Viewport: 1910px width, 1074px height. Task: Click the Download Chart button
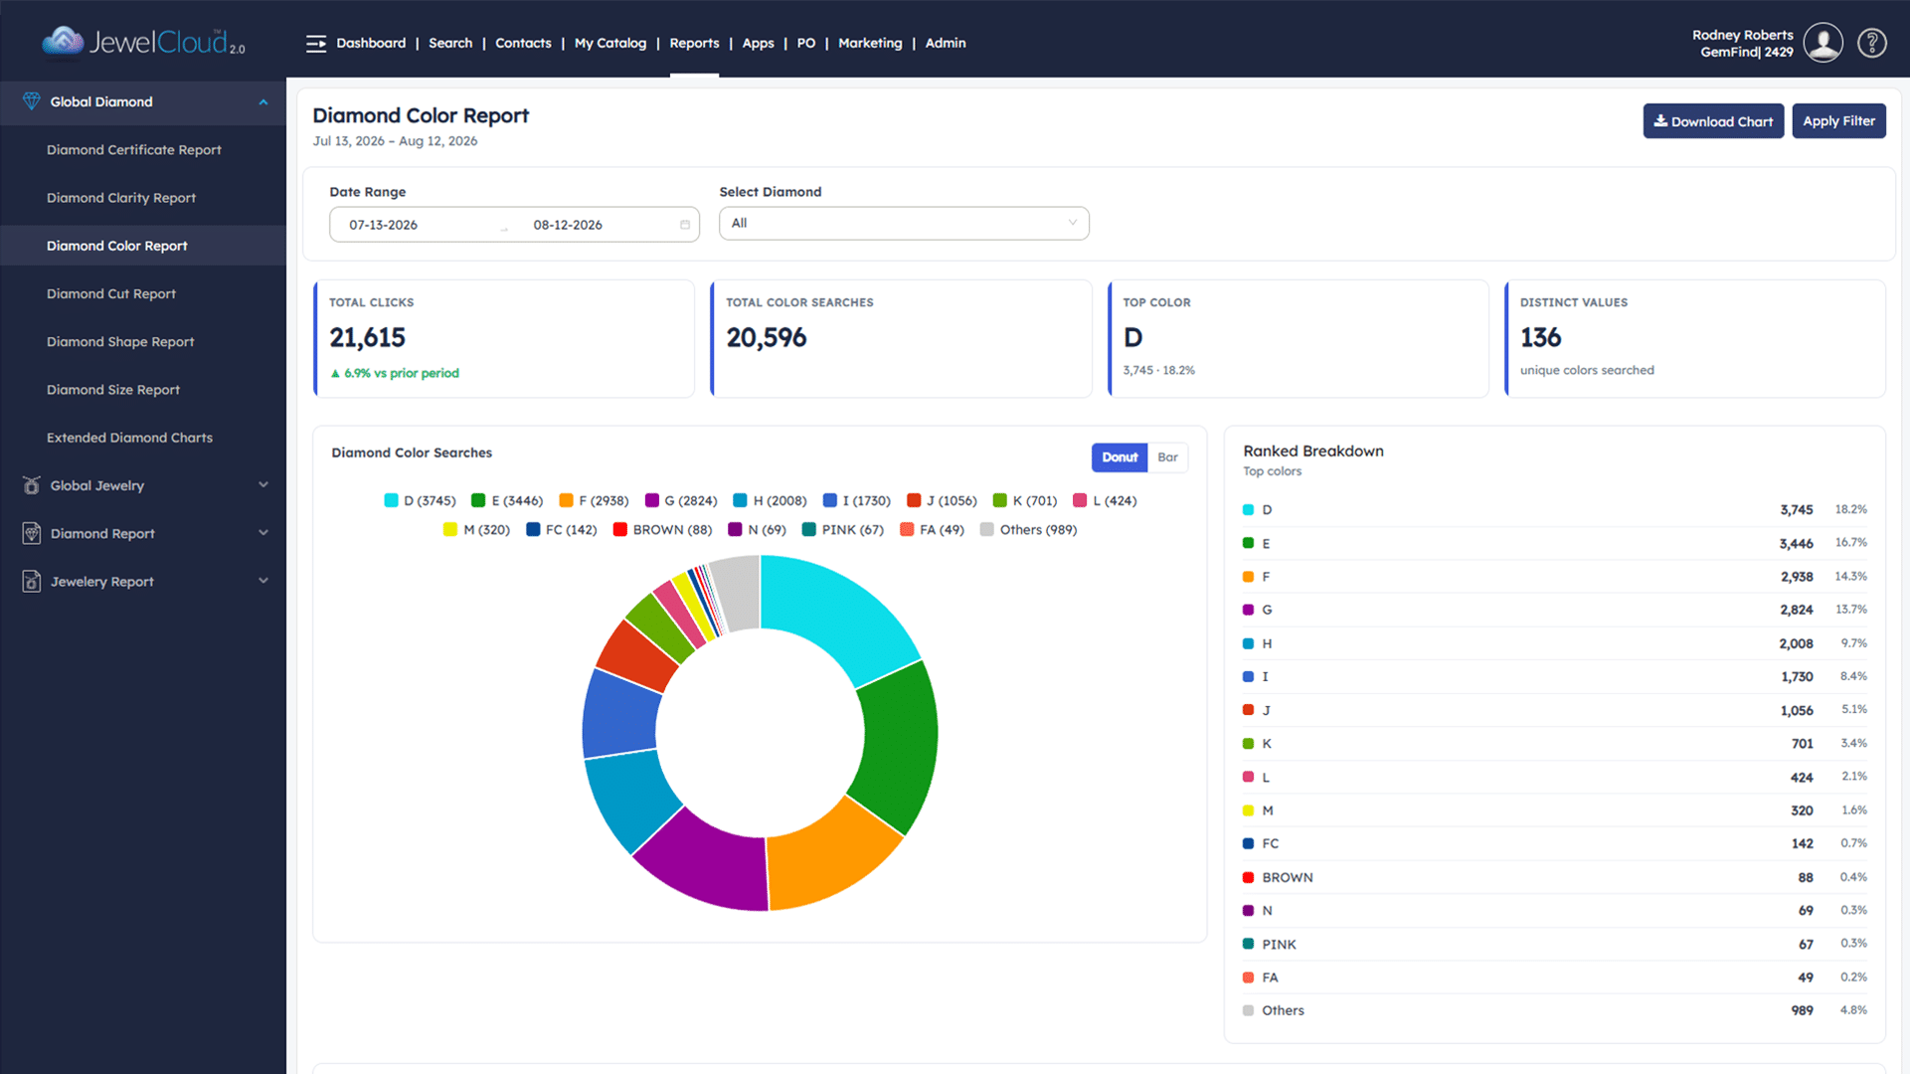coord(1713,121)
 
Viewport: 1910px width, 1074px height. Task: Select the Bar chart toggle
coord(1167,457)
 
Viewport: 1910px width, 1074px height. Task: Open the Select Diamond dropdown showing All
coord(904,224)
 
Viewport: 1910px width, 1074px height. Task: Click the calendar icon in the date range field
coord(685,225)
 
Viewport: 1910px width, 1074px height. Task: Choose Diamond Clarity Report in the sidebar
coord(121,198)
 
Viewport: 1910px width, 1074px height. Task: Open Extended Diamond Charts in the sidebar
coord(129,438)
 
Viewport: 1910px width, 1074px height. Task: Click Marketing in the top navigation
coord(870,43)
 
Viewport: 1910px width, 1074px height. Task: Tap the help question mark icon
coord(1872,43)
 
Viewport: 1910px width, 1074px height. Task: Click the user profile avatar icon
coord(1823,43)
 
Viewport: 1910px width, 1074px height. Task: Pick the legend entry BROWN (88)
coord(662,530)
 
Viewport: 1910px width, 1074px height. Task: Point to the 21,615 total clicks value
coord(368,338)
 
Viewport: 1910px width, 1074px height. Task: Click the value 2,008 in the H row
coord(1796,643)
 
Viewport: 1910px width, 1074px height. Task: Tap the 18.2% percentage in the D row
coord(1850,509)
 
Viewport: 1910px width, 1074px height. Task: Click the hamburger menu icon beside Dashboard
coord(316,44)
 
